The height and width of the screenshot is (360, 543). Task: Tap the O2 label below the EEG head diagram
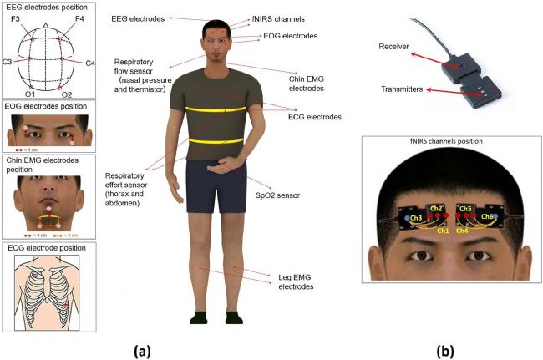coord(67,95)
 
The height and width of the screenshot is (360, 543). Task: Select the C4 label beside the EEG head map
coord(89,63)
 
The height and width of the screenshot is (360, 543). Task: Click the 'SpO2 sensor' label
coord(279,195)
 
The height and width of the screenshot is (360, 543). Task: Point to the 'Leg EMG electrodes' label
coord(295,281)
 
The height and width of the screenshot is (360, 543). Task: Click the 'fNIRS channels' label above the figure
coord(278,18)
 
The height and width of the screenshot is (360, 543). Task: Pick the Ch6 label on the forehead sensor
coord(487,216)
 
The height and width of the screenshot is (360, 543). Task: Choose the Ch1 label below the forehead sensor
coord(444,230)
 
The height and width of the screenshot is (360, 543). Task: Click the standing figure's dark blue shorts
coord(215,187)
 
